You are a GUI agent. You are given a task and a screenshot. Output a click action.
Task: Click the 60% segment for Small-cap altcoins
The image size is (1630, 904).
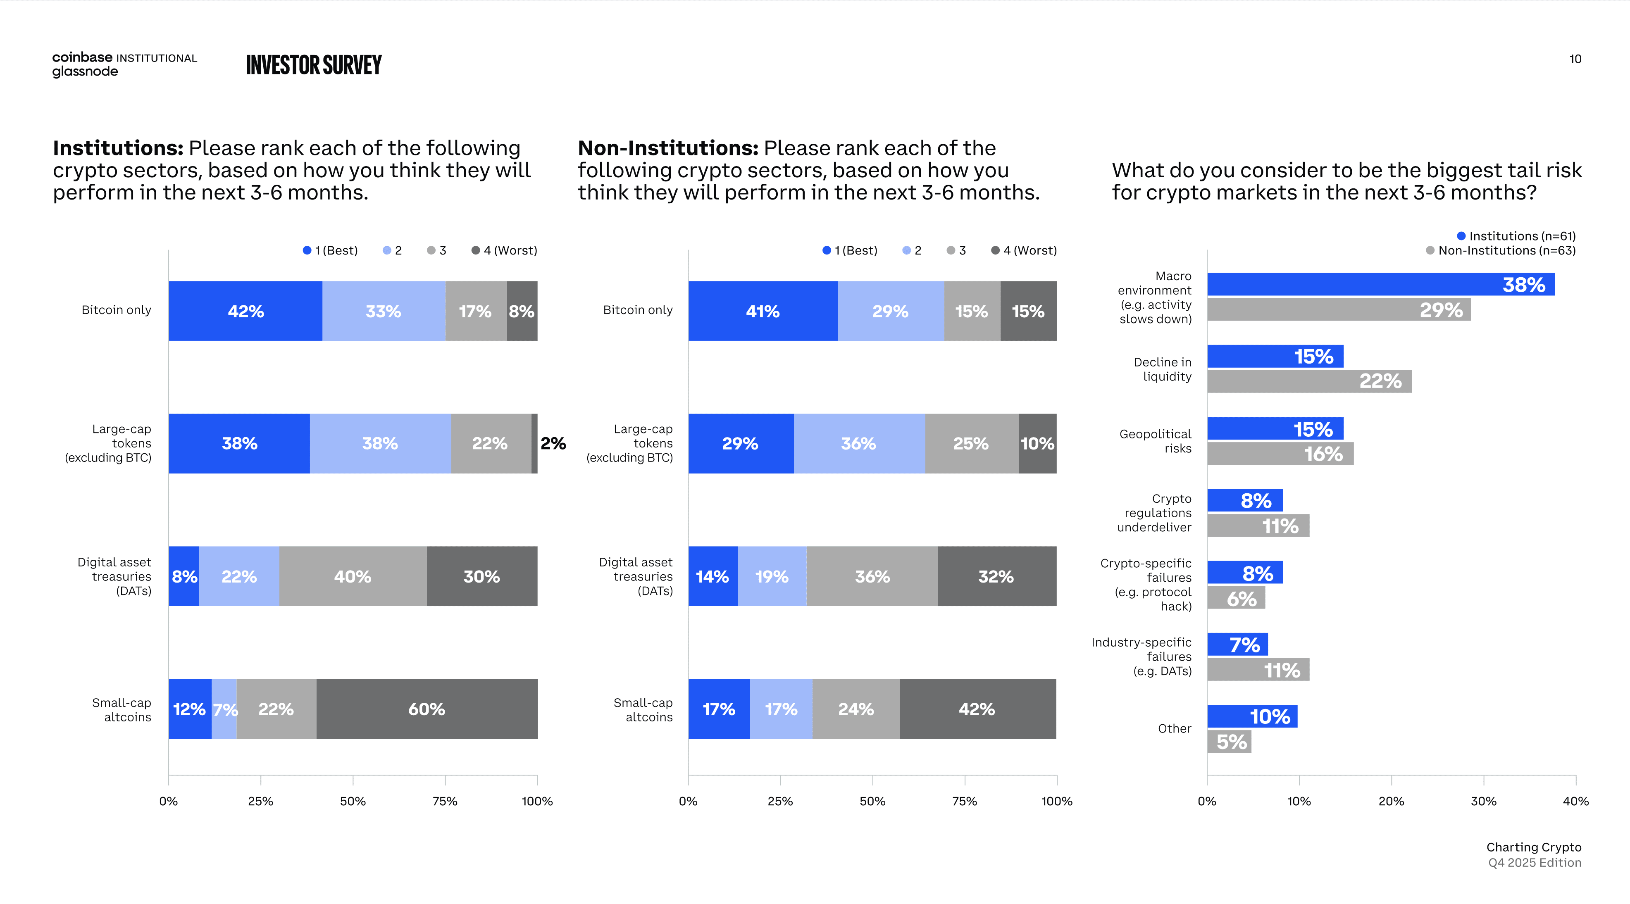click(x=427, y=709)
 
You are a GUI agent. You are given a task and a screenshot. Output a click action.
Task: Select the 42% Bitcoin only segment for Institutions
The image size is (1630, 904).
click(x=245, y=311)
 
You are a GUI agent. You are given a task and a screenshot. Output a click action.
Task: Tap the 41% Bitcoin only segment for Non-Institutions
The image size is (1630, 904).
click(x=763, y=311)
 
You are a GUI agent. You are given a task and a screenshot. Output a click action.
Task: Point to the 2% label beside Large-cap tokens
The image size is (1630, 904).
click(x=553, y=443)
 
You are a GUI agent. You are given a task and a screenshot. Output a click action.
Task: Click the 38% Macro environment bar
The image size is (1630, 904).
click(x=1380, y=284)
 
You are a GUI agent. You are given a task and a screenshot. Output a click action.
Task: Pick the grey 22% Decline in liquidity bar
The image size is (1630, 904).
click(x=1308, y=381)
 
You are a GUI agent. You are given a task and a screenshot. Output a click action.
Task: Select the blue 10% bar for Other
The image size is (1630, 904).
click(x=1251, y=716)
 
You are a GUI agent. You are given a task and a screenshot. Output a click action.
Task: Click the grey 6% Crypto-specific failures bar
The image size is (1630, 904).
click(x=1236, y=598)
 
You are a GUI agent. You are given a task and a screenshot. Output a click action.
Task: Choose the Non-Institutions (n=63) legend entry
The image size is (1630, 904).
click(x=1501, y=250)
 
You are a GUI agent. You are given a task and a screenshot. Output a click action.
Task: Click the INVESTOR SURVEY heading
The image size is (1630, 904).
click(x=314, y=65)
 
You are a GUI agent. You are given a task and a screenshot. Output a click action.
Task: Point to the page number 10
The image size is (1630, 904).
click(x=1575, y=59)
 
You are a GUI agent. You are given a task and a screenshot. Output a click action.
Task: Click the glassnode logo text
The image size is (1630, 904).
click(x=85, y=71)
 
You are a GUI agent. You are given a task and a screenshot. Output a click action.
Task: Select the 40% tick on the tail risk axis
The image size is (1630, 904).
click(x=1575, y=801)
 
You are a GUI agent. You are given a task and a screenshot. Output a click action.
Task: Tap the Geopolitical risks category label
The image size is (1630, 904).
click(x=1156, y=441)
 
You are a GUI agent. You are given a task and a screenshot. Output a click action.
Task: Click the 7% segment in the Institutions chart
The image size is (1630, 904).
click(x=225, y=709)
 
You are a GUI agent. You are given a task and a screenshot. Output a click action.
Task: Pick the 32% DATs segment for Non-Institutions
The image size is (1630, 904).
click(x=996, y=576)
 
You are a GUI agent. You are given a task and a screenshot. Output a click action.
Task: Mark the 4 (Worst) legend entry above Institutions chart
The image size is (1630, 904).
click(x=504, y=250)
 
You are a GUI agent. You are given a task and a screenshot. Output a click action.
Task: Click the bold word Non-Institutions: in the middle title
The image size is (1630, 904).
click(x=667, y=148)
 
